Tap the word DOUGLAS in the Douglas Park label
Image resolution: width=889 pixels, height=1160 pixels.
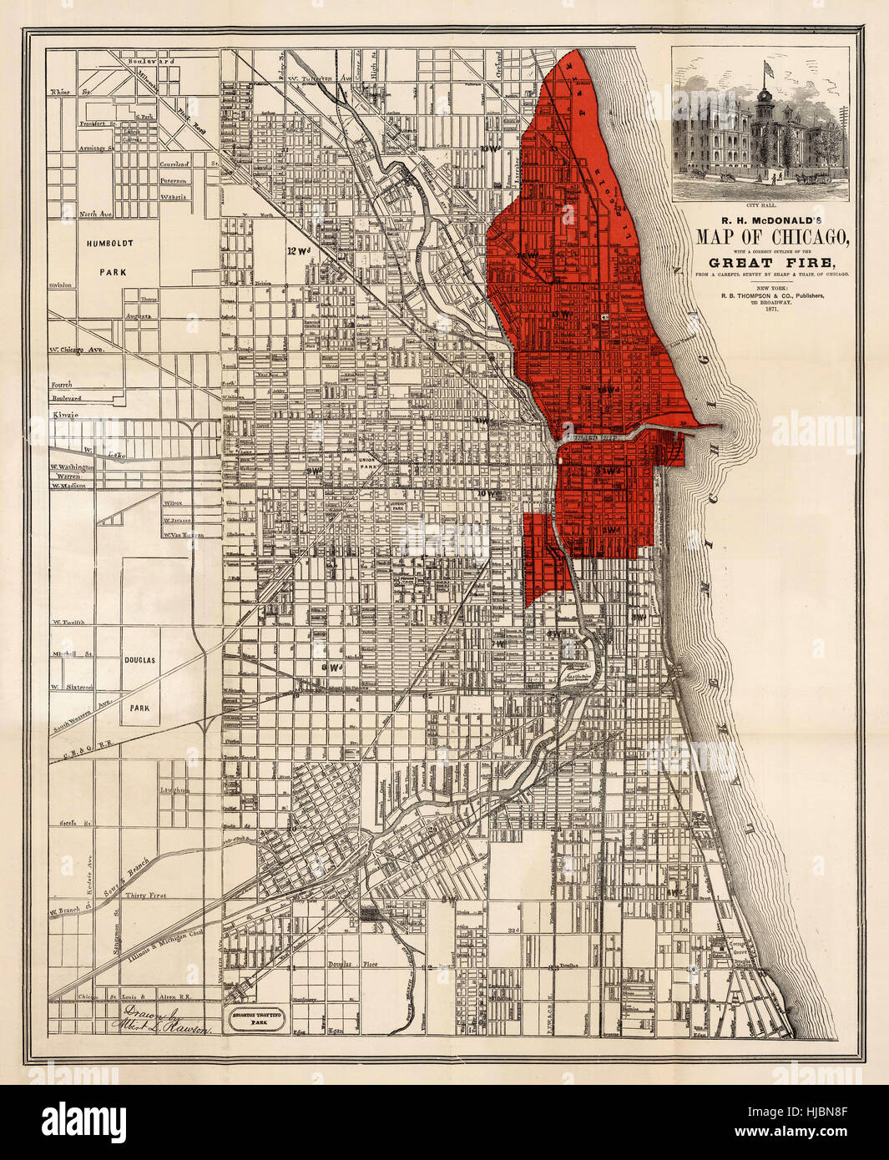[x=139, y=659]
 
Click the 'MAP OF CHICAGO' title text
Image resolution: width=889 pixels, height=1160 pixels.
[x=773, y=236]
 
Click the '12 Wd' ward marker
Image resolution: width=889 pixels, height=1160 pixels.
[x=297, y=250]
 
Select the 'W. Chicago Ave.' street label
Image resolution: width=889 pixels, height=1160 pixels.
[x=80, y=350]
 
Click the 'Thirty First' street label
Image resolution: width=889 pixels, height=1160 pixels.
[x=145, y=895]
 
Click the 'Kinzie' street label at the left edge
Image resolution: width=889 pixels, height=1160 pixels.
[x=64, y=414]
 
